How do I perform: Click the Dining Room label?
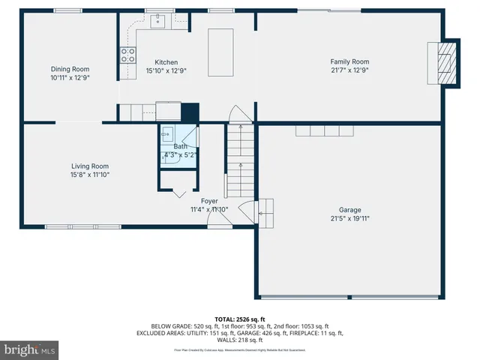pos(70,68)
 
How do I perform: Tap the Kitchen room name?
pos(166,62)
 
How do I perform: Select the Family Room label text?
pos(349,61)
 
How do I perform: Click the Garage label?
pos(349,210)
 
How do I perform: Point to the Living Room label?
pos(90,166)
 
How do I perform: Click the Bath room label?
pos(181,146)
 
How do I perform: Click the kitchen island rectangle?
pos(221,52)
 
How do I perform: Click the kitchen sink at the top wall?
pos(160,21)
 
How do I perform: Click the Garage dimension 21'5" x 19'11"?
pos(349,219)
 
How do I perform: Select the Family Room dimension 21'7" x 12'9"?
pos(349,70)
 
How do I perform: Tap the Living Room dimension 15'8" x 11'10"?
pos(90,175)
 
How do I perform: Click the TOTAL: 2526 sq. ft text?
pos(239,319)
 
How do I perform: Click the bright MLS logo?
pos(29,349)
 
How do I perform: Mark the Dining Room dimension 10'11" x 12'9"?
pos(70,77)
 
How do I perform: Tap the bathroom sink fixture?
pos(169,139)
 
